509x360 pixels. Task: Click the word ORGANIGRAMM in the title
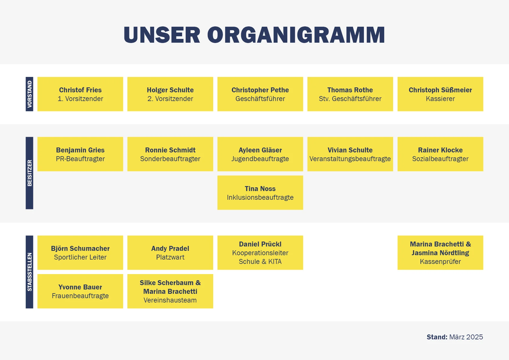click(x=296, y=35)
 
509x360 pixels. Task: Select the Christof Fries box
click(x=80, y=94)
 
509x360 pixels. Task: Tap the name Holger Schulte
click(x=170, y=90)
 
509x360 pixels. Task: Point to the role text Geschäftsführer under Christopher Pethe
click(x=260, y=99)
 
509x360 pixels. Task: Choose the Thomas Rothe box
click(x=350, y=94)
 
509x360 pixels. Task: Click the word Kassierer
click(x=440, y=99)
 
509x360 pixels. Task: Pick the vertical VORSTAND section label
click(x=29, y=94)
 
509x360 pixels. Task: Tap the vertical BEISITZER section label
click(x=29, y=173)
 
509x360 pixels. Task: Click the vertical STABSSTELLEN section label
click(x=29, y=272)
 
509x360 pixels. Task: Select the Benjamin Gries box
click(x=80, y=154)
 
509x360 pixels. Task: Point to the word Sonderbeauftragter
click(x=170, y=159)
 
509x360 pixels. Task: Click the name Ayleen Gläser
click(x=260, y=150)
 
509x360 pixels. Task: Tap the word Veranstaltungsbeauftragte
click(x=350, y=159)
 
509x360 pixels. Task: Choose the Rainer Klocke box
click(x=440, y=154)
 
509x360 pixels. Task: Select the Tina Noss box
click(x=260, y=192)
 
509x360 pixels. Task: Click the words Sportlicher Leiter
click(x=80, y=257)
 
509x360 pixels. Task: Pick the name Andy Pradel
click(x=170, y=249)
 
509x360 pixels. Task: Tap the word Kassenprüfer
click(x=440, y=262)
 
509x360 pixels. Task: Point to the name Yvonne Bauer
click(x=80, y=287)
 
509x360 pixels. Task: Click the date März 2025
click(x=466, y=337)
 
